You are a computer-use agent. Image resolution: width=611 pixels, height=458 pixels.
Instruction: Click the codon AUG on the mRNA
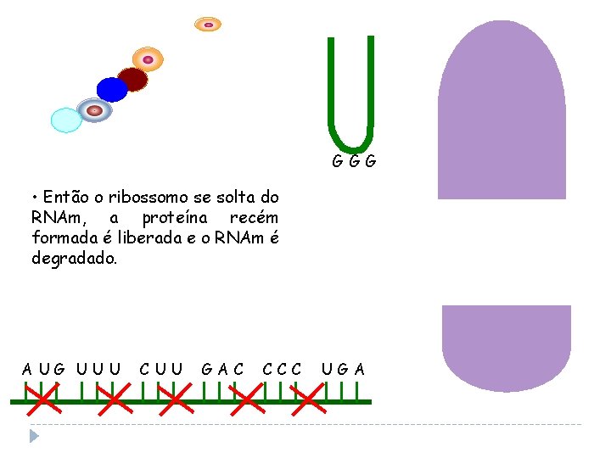43,369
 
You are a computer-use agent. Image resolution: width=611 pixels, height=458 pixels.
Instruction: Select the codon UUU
98,369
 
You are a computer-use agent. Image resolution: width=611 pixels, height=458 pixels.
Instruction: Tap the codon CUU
161,369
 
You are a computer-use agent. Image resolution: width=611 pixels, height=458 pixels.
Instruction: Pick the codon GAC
222,369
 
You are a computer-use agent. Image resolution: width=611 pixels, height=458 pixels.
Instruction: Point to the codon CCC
283,369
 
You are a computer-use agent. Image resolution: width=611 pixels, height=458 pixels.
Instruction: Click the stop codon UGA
344,369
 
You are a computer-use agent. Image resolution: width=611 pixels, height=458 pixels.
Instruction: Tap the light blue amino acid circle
66,120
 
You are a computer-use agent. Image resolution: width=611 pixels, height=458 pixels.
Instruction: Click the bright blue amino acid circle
111,89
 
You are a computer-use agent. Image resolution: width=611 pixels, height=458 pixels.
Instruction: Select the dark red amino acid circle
132,80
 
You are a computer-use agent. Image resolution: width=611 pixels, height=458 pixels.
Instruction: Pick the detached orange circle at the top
208,25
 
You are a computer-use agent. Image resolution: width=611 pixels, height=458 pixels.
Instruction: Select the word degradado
74,258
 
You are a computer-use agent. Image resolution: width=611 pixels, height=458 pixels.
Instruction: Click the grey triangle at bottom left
34,436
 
